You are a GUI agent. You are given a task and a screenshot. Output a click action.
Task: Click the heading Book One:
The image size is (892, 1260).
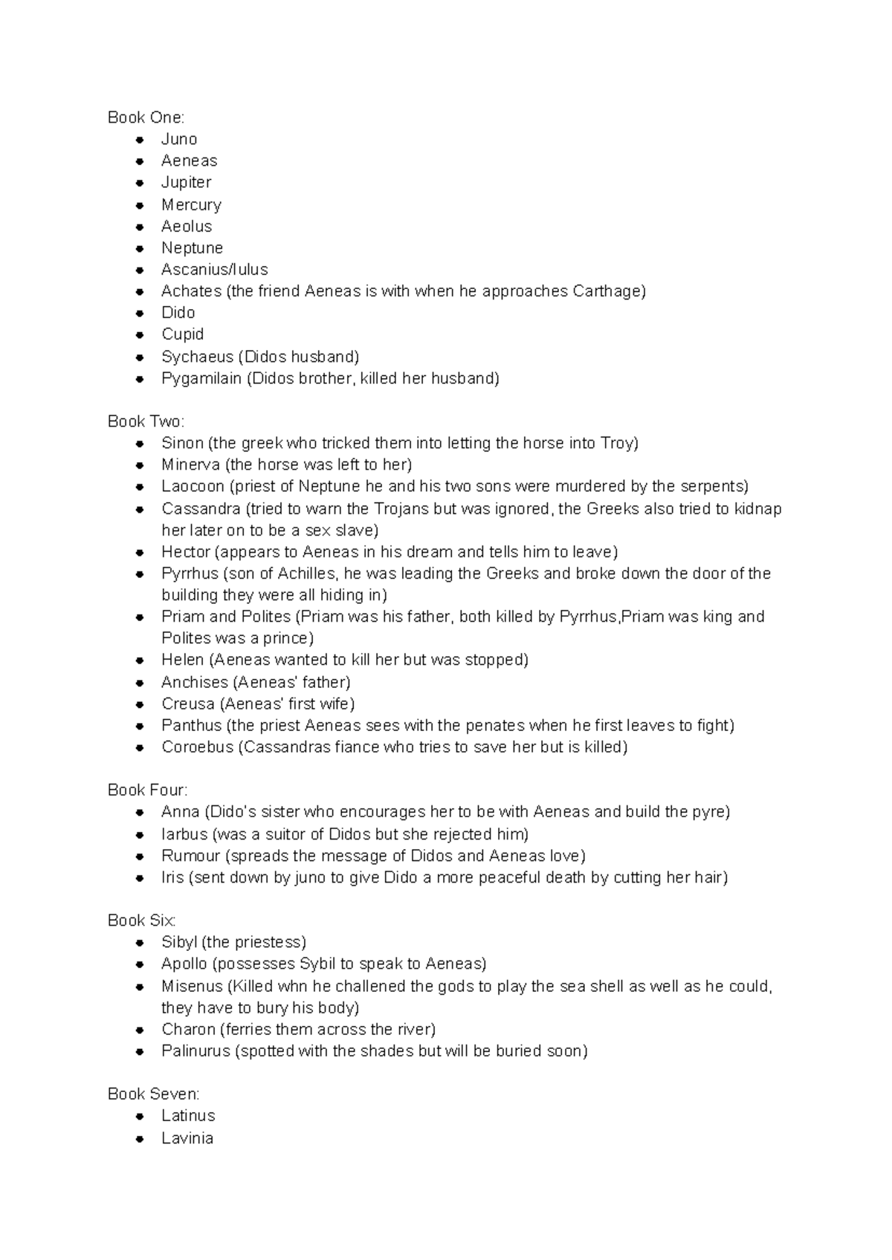click(146, 117)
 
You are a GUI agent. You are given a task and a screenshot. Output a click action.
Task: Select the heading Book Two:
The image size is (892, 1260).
click(146, 421)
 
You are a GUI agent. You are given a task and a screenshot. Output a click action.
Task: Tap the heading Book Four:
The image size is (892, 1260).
click(147, 790)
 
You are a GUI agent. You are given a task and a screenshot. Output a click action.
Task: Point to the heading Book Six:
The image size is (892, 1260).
click(141, 920)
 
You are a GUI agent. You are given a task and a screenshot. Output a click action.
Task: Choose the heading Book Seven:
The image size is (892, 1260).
click(153, 1094)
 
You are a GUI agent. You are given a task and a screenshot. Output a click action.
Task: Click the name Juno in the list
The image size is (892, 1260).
click(179, 139)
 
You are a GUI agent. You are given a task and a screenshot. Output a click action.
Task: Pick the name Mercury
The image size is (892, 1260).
click(191, 204)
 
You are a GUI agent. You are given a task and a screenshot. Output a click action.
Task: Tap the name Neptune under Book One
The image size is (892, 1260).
click(192, 247)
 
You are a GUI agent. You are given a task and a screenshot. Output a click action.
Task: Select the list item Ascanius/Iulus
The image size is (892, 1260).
click(214, 269)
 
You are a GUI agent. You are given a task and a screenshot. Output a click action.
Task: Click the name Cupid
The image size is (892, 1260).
click(182, 334)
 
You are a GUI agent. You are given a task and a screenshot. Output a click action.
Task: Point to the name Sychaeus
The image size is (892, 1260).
click(197, 357)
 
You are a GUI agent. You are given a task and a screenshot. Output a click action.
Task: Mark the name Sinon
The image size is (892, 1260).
click(182, 443)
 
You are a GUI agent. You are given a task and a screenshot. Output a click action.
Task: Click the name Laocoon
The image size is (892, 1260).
click(193, 486)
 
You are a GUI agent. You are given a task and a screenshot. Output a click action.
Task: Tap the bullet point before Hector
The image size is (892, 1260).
click(139, 552)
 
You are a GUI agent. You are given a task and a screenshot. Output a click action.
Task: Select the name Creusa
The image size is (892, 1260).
click(188, 704)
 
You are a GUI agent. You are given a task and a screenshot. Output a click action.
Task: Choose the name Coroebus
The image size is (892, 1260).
click(197, 747)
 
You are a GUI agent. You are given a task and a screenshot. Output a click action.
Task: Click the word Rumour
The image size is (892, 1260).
click(190, 855)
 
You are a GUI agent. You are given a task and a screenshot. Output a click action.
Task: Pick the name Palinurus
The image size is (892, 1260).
click(195, 1050)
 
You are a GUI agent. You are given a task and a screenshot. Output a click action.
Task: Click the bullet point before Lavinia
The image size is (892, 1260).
click(139, 1138)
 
